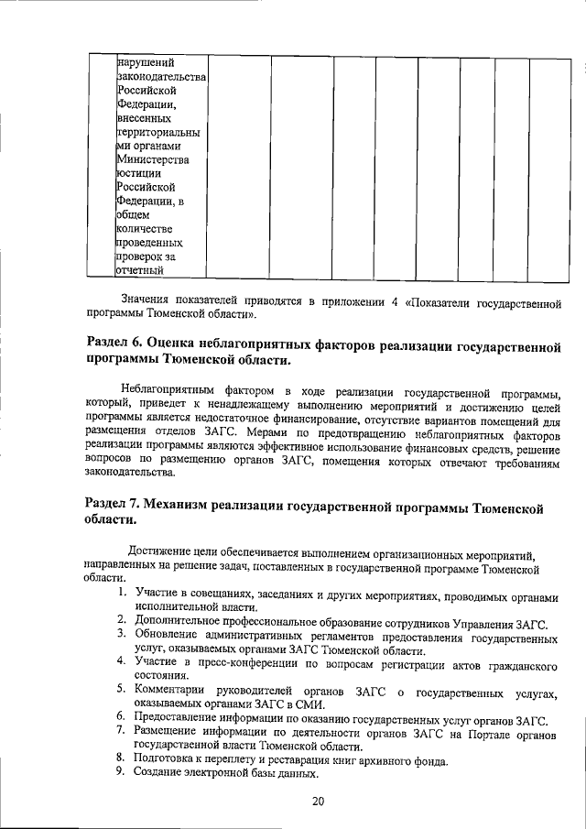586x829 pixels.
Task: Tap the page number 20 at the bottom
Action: coord(318,802)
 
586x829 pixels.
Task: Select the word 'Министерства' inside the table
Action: coord(153,160)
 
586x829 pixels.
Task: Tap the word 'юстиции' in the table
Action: coord(140,174)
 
